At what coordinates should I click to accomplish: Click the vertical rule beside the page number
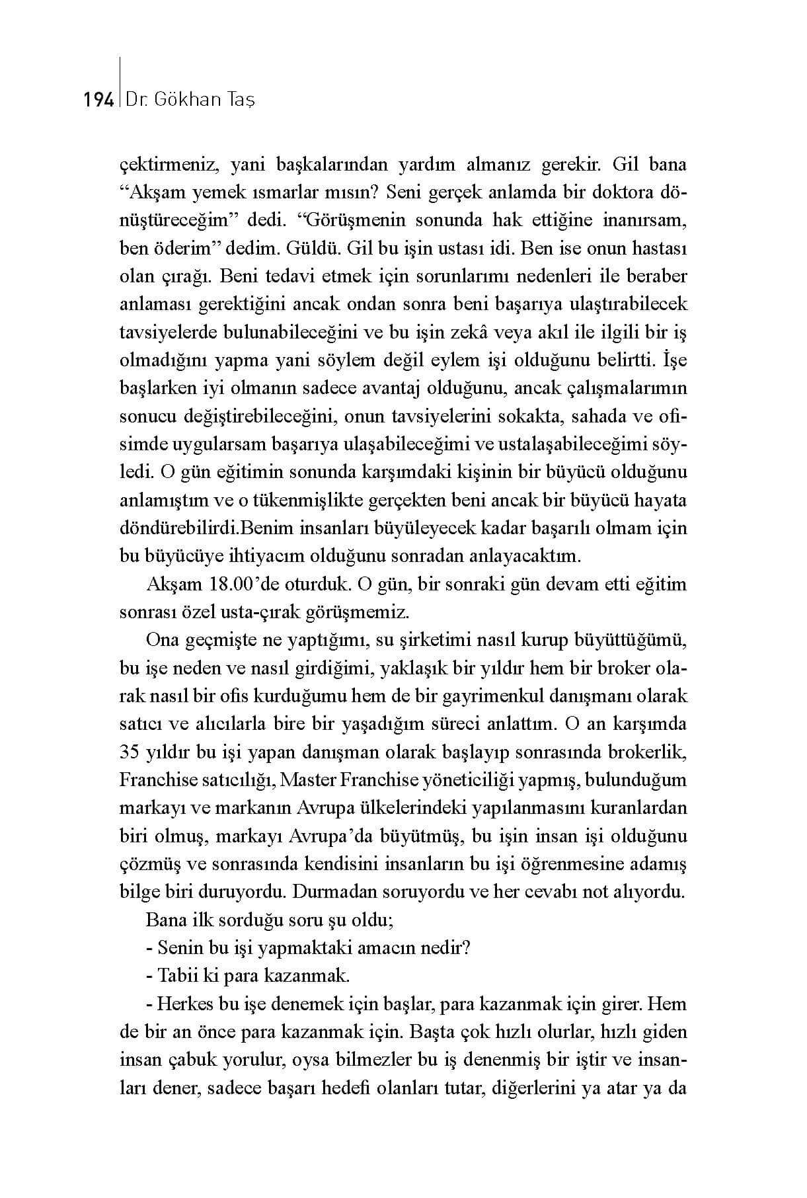pyautogui.click(x=119, y=83)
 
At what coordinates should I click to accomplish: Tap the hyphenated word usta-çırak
pyautogui.click(x=280, y=612)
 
